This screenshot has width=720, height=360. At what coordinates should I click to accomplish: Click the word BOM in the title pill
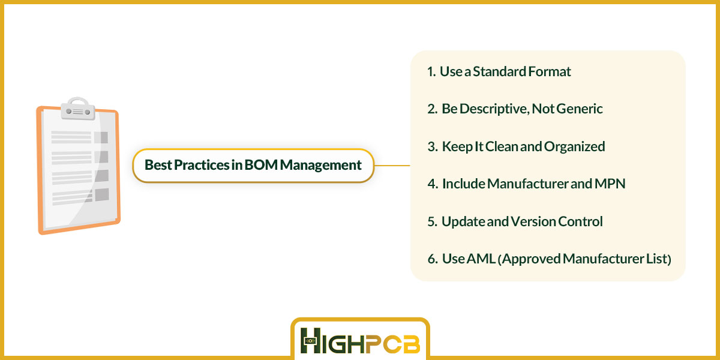tap(261, 165)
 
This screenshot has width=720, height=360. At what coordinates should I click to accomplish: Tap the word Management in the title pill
tap(321, 166)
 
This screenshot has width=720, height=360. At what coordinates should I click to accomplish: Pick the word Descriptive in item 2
tap(494, 109)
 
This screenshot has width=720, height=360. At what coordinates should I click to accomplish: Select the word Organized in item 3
tap(574, 147)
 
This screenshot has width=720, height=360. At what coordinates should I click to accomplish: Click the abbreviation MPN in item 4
tap(610, 184)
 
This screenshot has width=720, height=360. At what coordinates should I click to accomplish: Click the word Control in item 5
tap(580, 221)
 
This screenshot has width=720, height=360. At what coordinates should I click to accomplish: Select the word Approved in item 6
tap(532, 259)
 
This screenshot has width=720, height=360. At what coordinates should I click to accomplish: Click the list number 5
tap(432, 221)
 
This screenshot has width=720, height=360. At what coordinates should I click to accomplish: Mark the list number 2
tap(432, 109)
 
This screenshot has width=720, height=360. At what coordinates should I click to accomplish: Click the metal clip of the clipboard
tap(78, 109)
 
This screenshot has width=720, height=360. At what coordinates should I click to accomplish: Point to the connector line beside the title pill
tap(392, 166)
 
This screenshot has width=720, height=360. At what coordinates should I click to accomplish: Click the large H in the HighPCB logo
tap(311, 340)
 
